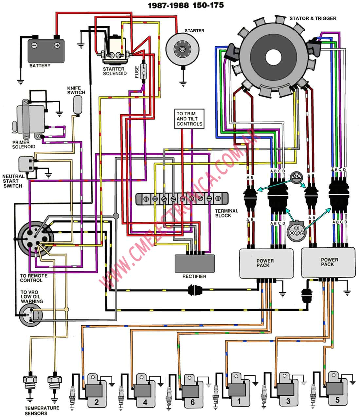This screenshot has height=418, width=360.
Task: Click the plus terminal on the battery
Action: [57, 46]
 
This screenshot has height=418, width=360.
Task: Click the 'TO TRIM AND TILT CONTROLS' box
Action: [189, 119]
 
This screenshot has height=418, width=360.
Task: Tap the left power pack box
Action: [265, 263]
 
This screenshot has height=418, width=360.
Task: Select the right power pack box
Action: [328, 262]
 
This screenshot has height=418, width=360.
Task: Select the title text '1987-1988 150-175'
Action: [186, 5]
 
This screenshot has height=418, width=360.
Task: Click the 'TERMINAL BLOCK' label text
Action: [226, 213]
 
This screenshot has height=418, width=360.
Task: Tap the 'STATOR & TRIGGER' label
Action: [313, 18]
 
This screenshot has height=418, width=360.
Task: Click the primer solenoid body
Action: [31, 118]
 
